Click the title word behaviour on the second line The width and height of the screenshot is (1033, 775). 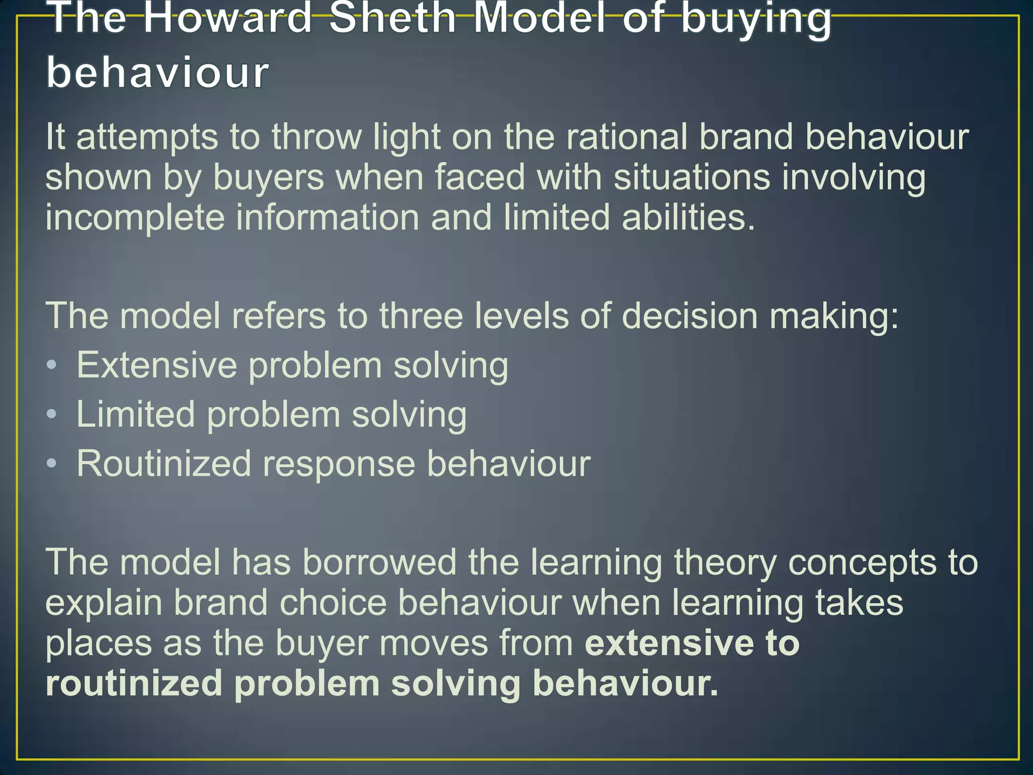click(158, 73)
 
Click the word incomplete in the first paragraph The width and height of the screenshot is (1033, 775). click(135, 218)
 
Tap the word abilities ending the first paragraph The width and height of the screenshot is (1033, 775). click(688, 218)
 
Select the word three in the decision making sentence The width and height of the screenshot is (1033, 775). click(421, 316)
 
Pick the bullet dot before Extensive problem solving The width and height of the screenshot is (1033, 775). click(51, 365)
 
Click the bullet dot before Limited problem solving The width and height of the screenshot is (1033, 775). click(51, 414)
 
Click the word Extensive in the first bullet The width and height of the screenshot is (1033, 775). click(157, 365)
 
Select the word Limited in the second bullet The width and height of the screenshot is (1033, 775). click(135, 414)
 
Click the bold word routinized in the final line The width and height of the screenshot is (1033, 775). click(134, 684)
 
